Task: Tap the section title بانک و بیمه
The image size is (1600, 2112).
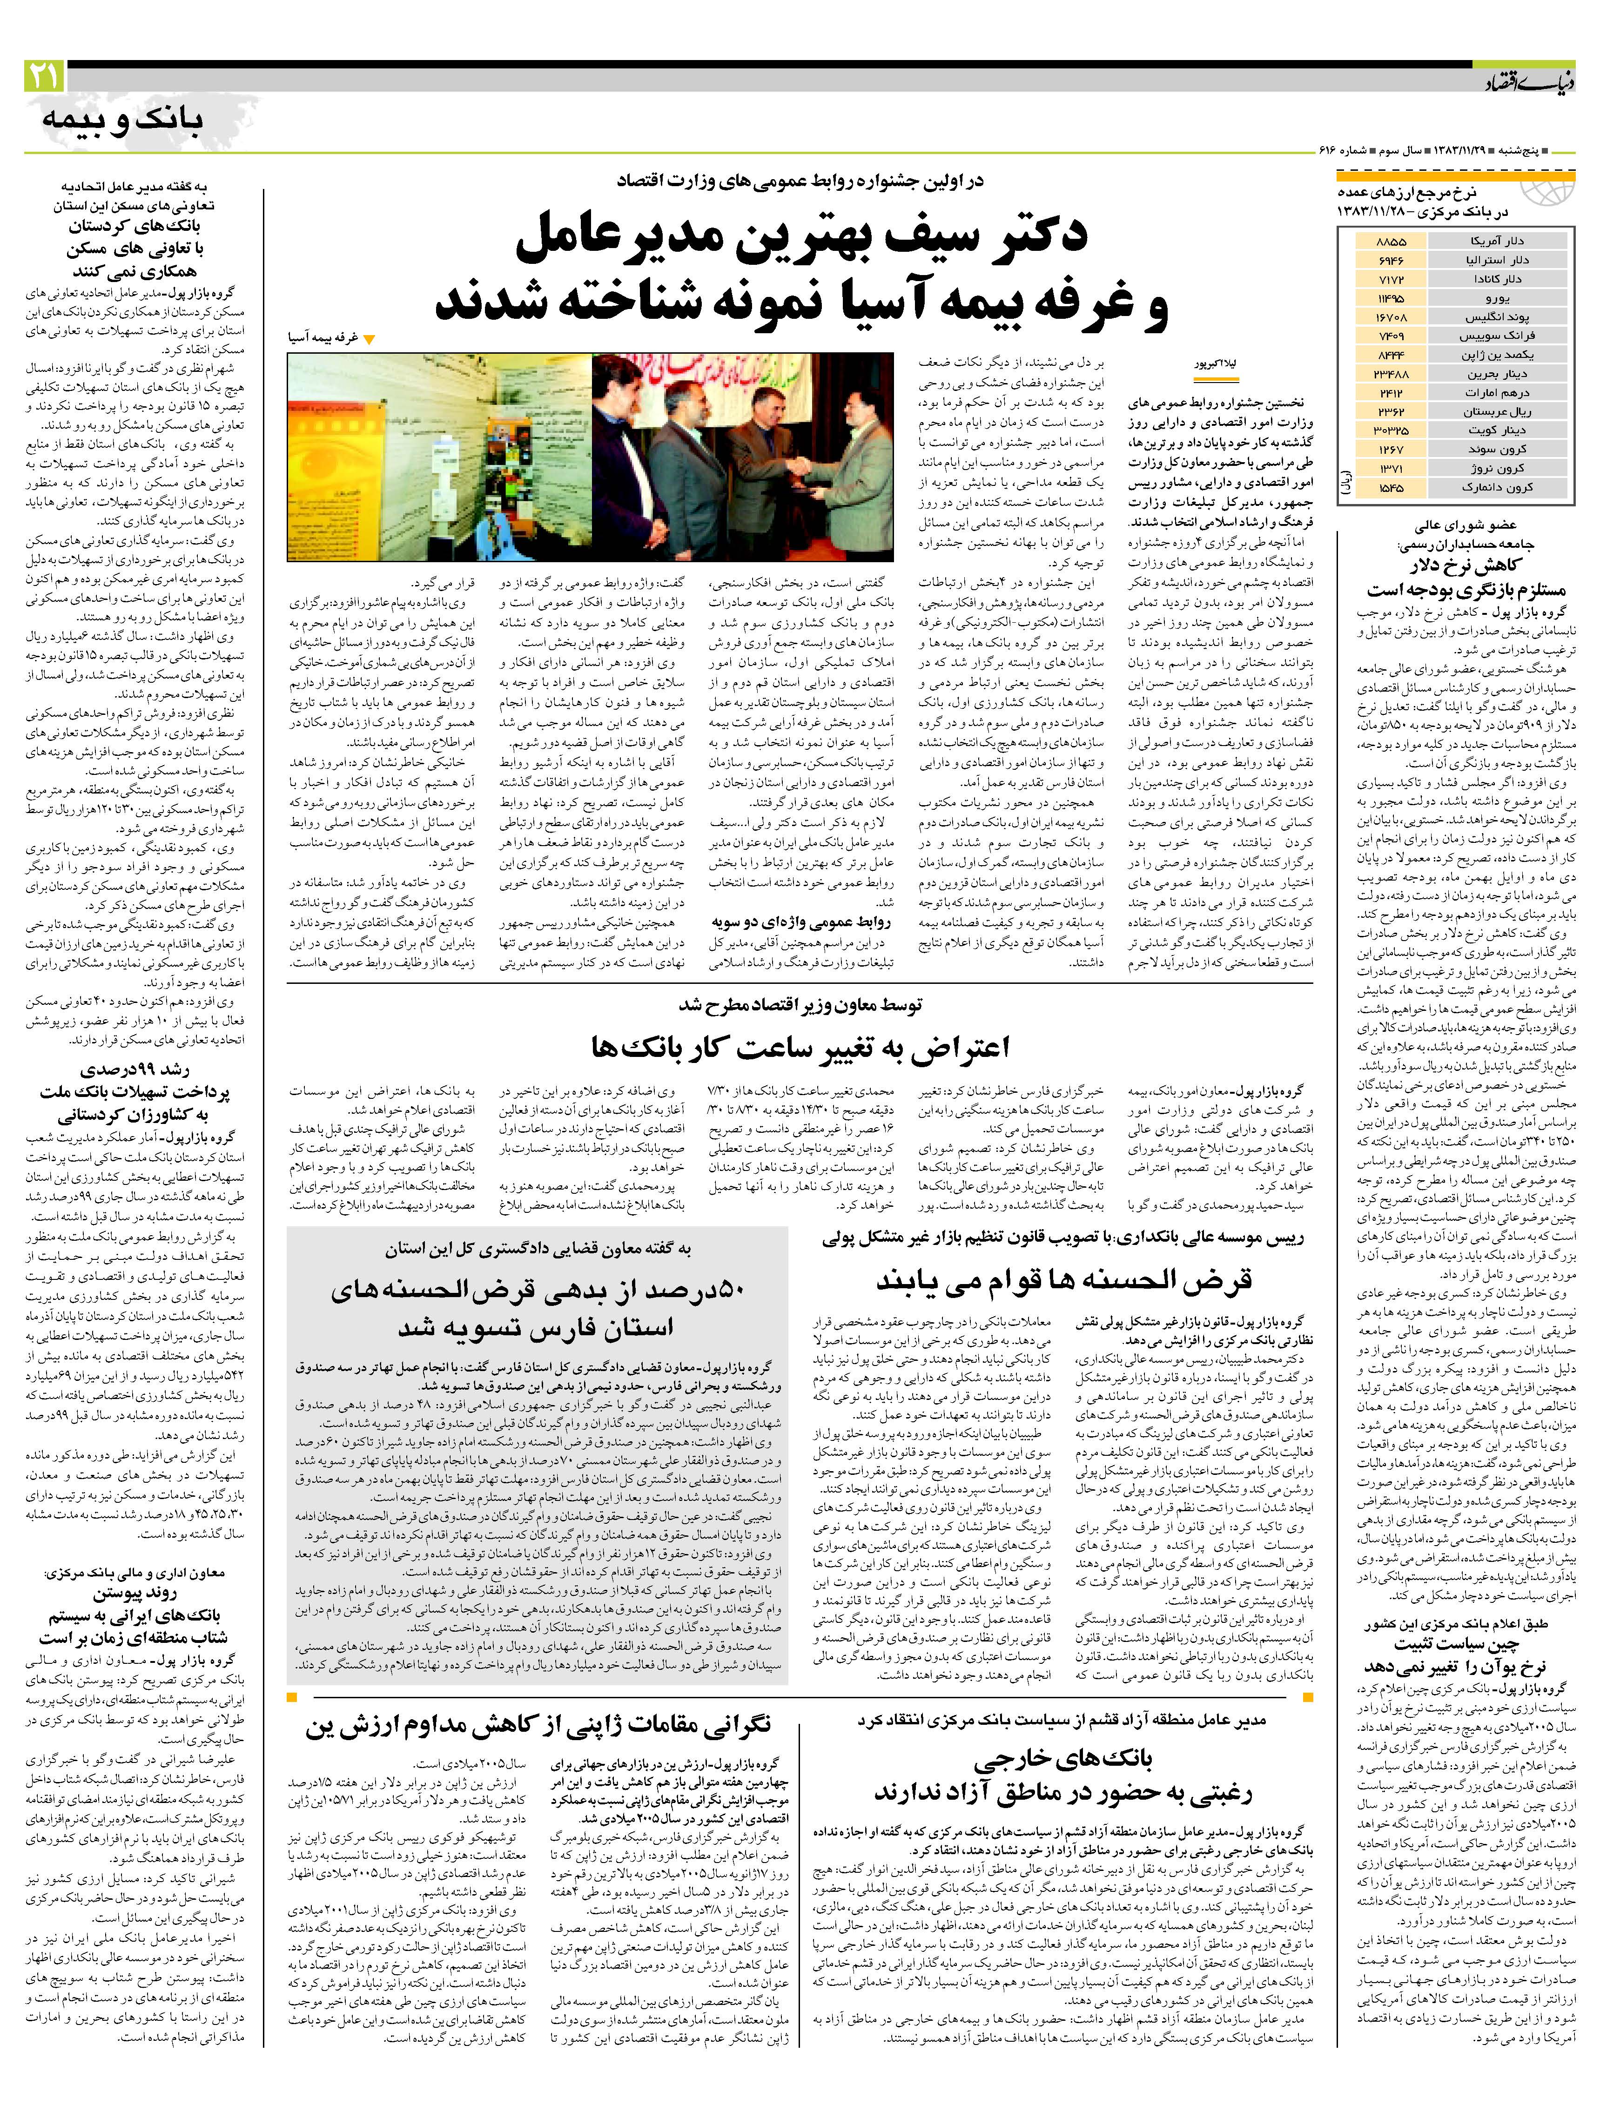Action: coord(122,119)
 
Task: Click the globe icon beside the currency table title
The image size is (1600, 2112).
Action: coord(1546,191)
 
